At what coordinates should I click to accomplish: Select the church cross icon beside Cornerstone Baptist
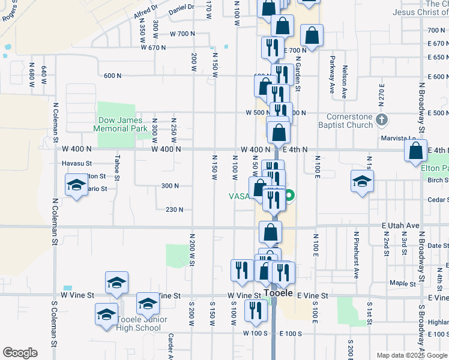tap(381, 121)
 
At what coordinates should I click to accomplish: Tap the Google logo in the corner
tap(20, 353)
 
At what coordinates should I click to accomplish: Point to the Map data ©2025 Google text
tap(412, 355)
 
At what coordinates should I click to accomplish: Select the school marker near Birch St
tap(362, 182)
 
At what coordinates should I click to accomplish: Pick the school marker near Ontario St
tap(76, 185)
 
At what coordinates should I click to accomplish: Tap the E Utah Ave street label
tap(400, 225)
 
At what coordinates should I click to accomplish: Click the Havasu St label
tap(76, 163)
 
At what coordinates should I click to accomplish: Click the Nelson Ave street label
tap(345, 81)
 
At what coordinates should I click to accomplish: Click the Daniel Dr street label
tap(181, 8)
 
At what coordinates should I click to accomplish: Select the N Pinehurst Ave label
tap(356, 254)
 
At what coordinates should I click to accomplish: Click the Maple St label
tap(399, 283)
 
